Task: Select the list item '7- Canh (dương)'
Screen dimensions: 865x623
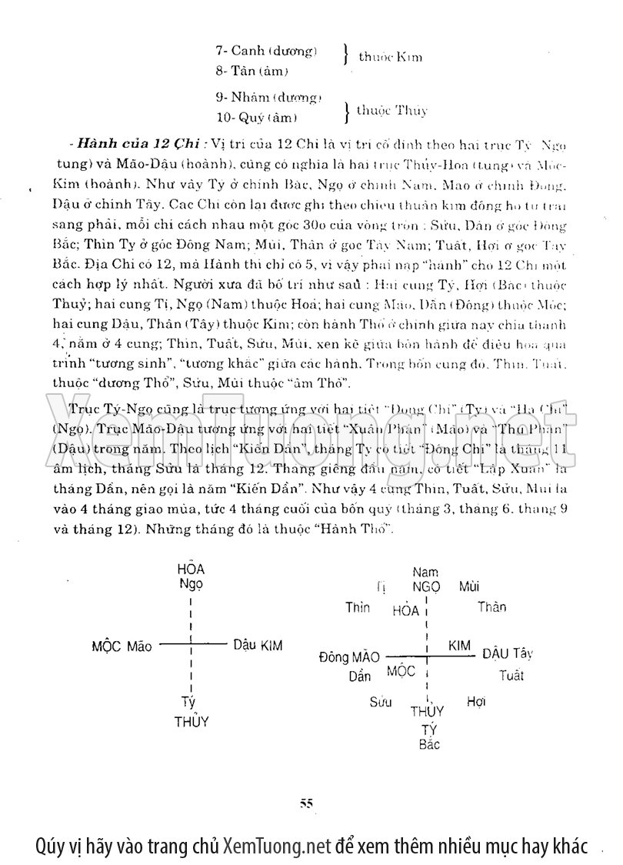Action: click(266, 52)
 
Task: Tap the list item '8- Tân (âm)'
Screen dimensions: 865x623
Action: click(252, 72)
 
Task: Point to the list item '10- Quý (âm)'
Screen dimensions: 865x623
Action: click(256, 118)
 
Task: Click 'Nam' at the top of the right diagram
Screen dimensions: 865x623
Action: click(425, 572)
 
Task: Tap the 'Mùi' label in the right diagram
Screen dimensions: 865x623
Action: click(469, 587)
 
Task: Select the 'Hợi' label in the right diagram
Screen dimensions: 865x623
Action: click(476, 701)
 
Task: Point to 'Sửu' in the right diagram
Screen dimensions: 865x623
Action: click(380, 702)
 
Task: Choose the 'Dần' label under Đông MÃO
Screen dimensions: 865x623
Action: click(359, 676)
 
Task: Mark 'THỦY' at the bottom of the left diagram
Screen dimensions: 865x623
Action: click(192, 721)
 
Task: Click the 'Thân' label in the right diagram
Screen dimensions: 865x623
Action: click(491, 606)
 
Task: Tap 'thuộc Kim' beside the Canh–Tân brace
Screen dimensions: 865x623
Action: click(390, 57)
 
